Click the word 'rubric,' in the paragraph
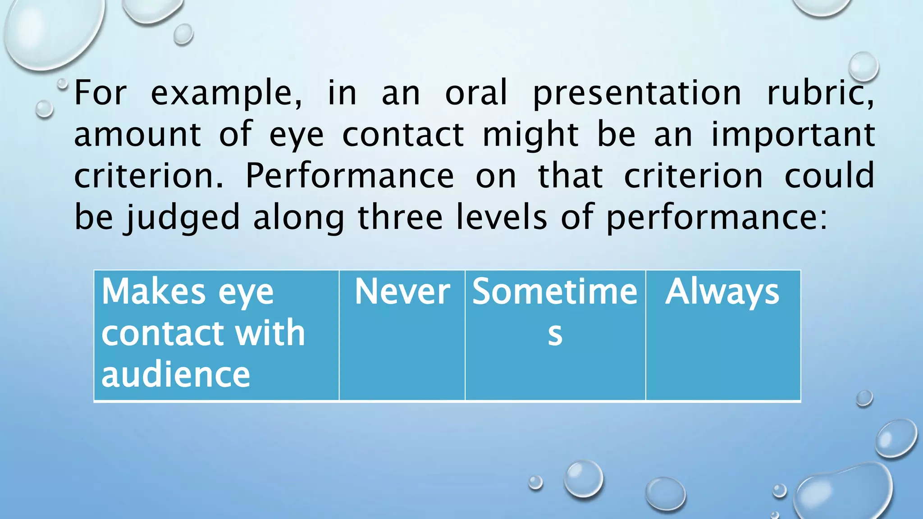pyautogui.click(x=820, y=93)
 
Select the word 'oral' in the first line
pyautogui.click(x=476, y=93)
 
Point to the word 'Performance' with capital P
pyautogui.click(x=349, y=176)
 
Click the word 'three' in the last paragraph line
pyautogui.click(x=400, y=217)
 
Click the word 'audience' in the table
pyautogui.click(x=175, y=375)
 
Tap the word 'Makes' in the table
pyautogui.click(x=154, y=292)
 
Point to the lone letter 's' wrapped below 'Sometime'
pyautogui.click(x=555, y=334)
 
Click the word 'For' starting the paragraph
pyautogui.click(x=100, y=93)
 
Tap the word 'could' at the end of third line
pyautogui.click(x=829, y=176)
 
